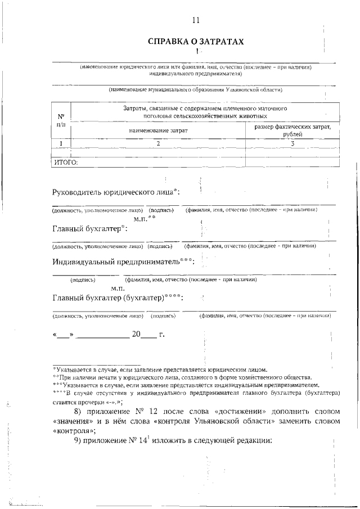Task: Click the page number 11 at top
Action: (196, 20)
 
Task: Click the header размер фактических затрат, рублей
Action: (292, 130)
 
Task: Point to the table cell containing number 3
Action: (292, 143)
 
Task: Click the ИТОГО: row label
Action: (65, 163)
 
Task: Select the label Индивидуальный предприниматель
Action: (124, 262)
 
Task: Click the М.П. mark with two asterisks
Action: (144, 218)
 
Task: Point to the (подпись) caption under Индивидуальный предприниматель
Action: (83, 280)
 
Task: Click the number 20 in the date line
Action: (136, 334)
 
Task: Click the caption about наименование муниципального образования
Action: (195, 89)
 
